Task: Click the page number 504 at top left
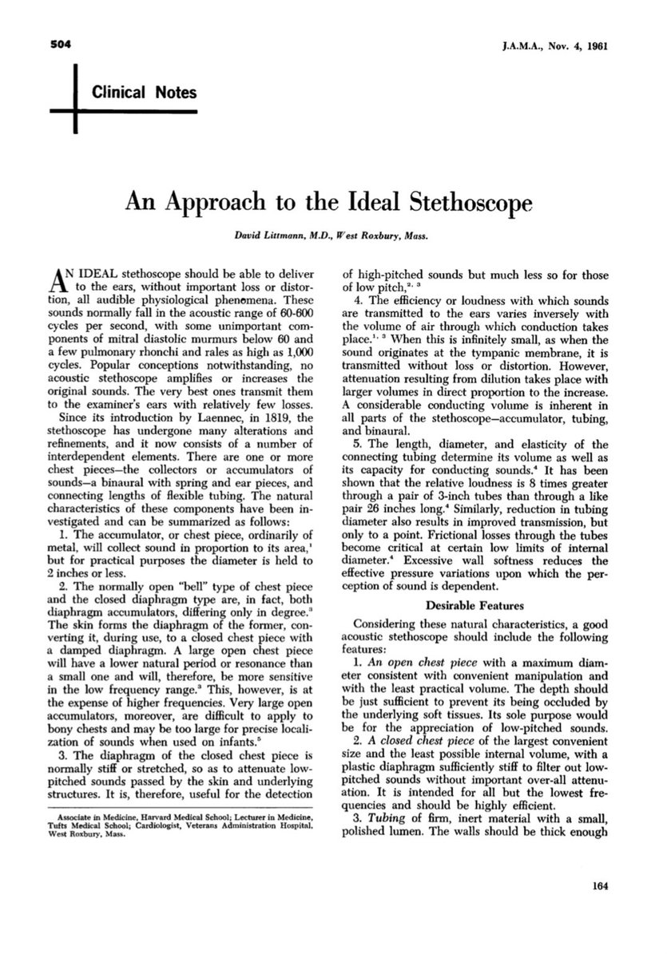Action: coord(53,44)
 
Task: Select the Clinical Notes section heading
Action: coord(145,93)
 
